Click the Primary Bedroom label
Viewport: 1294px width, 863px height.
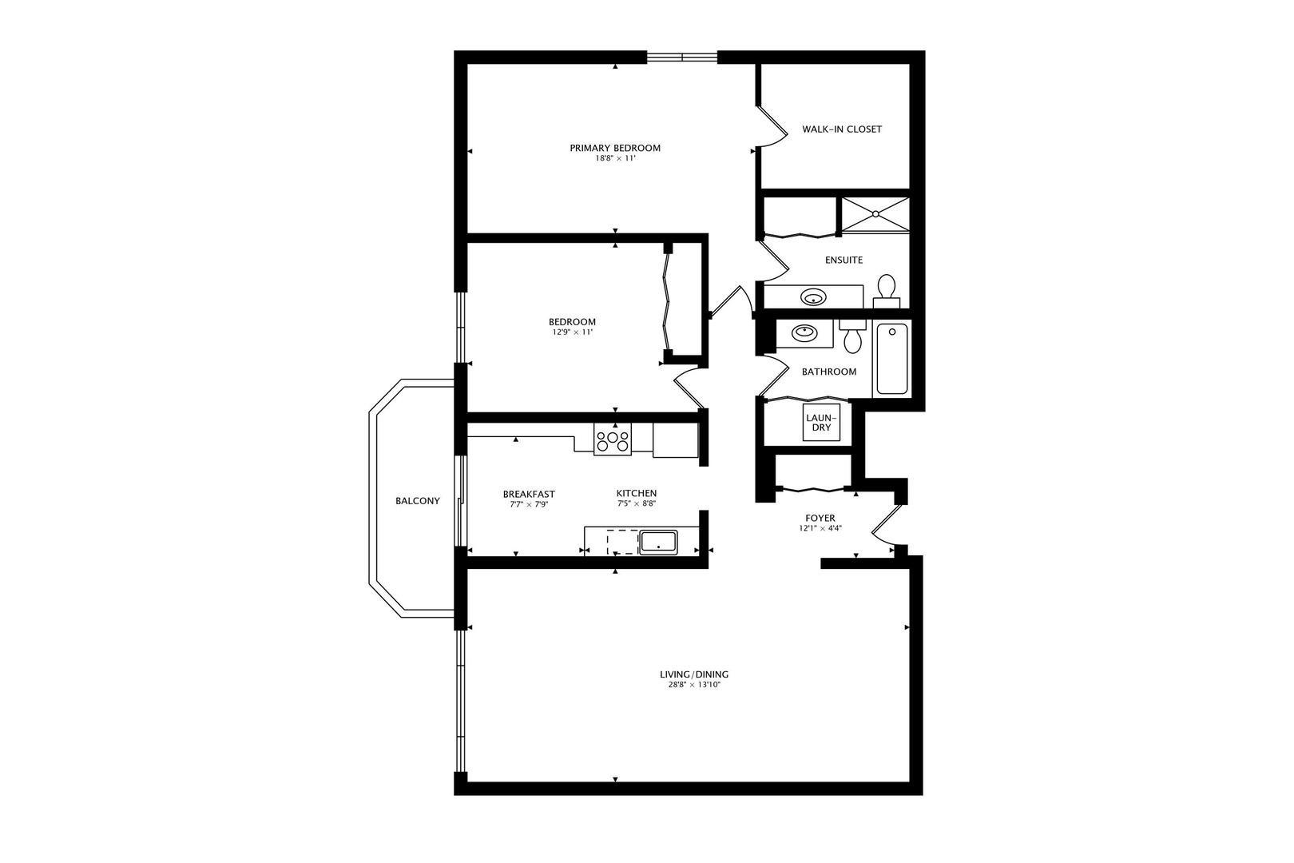(x=615, y=148)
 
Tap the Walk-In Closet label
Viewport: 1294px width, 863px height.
(x=842, y=129)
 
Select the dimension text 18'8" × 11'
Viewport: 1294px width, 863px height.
(x=615, y=158)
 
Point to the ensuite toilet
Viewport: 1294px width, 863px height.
(x=886, y=292)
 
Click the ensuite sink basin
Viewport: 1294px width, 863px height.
(x=813, y=298)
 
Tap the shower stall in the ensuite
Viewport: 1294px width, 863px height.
(x=875, y=214)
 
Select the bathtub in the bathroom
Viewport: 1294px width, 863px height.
(x=892, y=358)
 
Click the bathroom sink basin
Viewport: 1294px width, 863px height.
(x=804, y=332)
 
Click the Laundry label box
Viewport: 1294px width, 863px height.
(x=821, y=423)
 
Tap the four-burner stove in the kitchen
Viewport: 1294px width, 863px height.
(x=613, y=439)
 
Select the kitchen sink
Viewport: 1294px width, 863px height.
(x=658, y=543)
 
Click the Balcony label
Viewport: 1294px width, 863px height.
(x=418, y=501)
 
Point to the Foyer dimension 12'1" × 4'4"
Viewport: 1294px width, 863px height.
(x=820, y=528)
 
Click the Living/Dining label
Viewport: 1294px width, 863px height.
(x=694, y=674)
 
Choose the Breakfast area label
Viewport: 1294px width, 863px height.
(x=529, y=494)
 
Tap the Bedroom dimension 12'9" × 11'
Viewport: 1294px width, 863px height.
(x=573, y=332)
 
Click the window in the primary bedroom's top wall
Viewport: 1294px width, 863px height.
(x=681, y=58)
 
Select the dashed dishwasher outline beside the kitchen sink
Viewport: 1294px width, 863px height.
(x=623, y=543)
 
